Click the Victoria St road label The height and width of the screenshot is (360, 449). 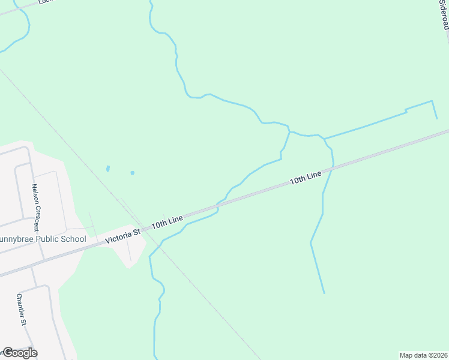122,235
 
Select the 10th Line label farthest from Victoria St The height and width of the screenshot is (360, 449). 306,178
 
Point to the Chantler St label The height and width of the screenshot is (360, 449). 22,309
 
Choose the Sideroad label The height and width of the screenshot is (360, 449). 444,14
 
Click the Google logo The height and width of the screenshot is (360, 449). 19,353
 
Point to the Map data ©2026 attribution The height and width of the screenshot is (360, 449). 424,355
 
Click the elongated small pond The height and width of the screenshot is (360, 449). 107,169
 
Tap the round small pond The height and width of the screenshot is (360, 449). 132,173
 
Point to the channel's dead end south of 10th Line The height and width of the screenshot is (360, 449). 324,293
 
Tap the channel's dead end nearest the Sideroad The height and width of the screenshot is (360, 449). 437,119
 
